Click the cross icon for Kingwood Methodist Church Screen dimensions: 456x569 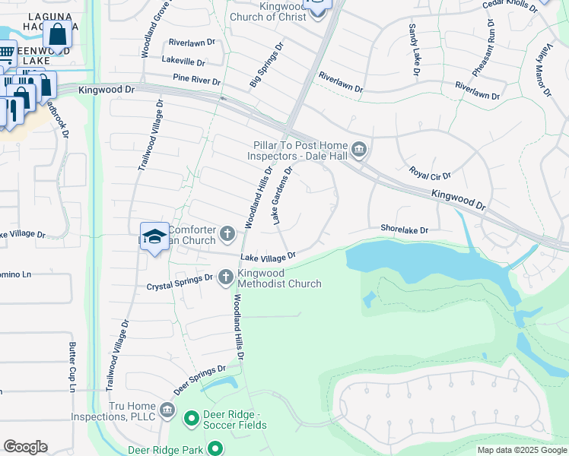[225, 277]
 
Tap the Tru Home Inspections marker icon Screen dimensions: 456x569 [168, 411]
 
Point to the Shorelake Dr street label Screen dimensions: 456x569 [405, 229]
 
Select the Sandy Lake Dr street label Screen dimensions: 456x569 [415, 49]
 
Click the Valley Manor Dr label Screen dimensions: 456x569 [544, 71]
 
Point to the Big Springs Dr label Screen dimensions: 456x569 [265, 64]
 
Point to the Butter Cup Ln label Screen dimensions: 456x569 [73, 367]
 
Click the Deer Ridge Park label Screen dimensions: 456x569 [165, 450]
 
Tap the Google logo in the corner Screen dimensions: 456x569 [25, 446]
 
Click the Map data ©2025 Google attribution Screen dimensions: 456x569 [522, 450]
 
